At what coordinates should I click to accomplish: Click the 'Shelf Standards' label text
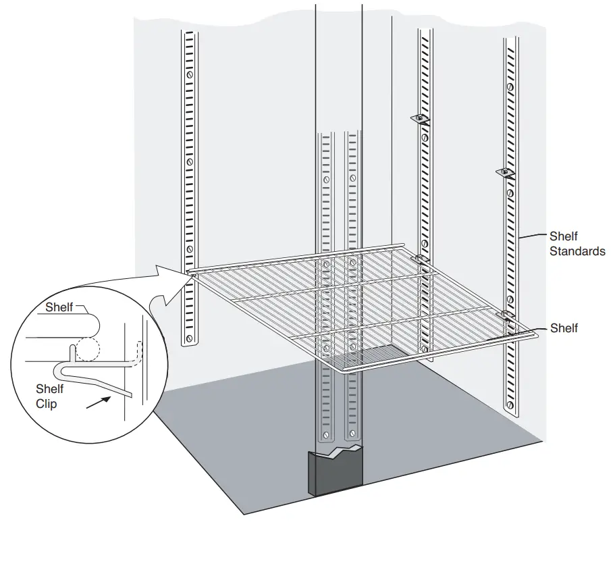[577, 244]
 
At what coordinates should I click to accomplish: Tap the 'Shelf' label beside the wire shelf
[564, 328]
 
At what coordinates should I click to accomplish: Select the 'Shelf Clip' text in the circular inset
[50, 396]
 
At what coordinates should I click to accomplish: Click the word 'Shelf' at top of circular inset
[59, 307]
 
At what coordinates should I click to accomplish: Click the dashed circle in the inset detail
[86, 349]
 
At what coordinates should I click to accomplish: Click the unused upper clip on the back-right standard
[420, 120]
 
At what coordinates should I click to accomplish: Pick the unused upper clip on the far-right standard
[505, 174]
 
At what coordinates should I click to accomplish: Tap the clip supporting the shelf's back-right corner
[420, 259]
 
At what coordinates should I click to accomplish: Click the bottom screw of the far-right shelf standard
[511, 405]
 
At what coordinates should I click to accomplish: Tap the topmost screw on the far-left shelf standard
[190, 74]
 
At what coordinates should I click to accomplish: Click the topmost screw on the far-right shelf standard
[510, 87]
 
